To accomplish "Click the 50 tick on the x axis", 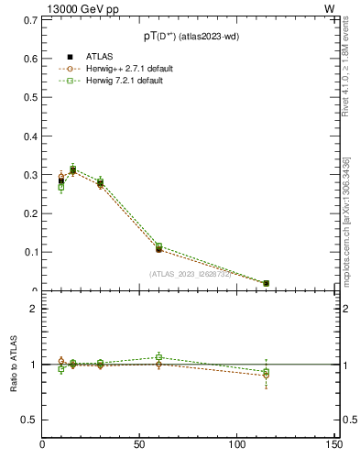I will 140,446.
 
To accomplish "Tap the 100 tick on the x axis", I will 237,446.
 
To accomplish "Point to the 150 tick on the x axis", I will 334,446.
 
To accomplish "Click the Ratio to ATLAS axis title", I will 14,365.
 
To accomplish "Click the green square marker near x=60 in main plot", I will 158,245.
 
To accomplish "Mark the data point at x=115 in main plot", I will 266,283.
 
